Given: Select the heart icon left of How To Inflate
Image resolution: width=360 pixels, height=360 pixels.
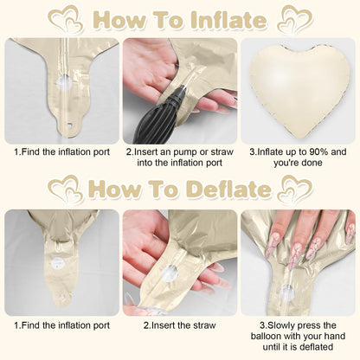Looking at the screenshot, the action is [x=66, y=21].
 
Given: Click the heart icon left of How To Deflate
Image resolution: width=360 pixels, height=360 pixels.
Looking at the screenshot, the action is [x=65, y=190].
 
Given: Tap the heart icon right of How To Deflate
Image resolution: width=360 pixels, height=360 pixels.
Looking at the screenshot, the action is [x=295, y=190].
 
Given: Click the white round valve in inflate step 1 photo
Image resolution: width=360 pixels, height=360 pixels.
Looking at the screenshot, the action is [x=64, y=82].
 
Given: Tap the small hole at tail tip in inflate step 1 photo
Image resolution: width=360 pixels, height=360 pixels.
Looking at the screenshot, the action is [x=69, y=126].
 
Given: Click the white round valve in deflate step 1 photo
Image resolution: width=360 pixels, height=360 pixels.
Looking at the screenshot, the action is [x=58, y=264].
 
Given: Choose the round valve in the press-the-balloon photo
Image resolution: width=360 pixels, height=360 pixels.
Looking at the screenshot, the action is [x=287, y=292].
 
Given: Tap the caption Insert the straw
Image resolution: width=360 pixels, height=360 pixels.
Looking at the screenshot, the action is [x=180, y=325].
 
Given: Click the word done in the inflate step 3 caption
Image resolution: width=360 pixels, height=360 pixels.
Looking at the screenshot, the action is [x=311, y=163].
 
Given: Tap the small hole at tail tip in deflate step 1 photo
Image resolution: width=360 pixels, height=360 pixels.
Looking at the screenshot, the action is [x=61, y=297].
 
